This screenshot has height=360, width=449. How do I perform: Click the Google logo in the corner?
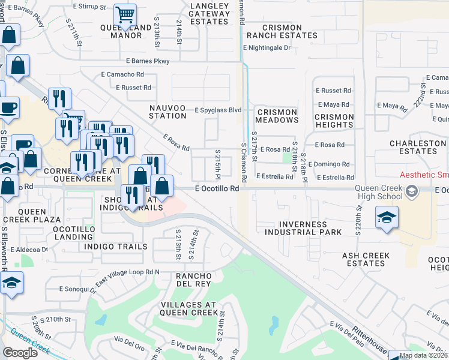pos(20,352)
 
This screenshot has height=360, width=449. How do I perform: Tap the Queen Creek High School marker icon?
pos(411,192)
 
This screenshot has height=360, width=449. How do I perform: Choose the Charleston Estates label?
pos(417,148)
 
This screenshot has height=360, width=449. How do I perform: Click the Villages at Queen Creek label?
pos(188,308)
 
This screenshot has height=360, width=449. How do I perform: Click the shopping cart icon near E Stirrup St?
pos(125,14)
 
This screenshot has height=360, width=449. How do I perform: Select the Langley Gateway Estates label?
pos(209,13)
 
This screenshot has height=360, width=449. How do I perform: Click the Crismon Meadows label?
pos(277,116)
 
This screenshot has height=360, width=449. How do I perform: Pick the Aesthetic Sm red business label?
pos(424,175)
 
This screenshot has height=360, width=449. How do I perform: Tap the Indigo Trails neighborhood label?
pos(116,247)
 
